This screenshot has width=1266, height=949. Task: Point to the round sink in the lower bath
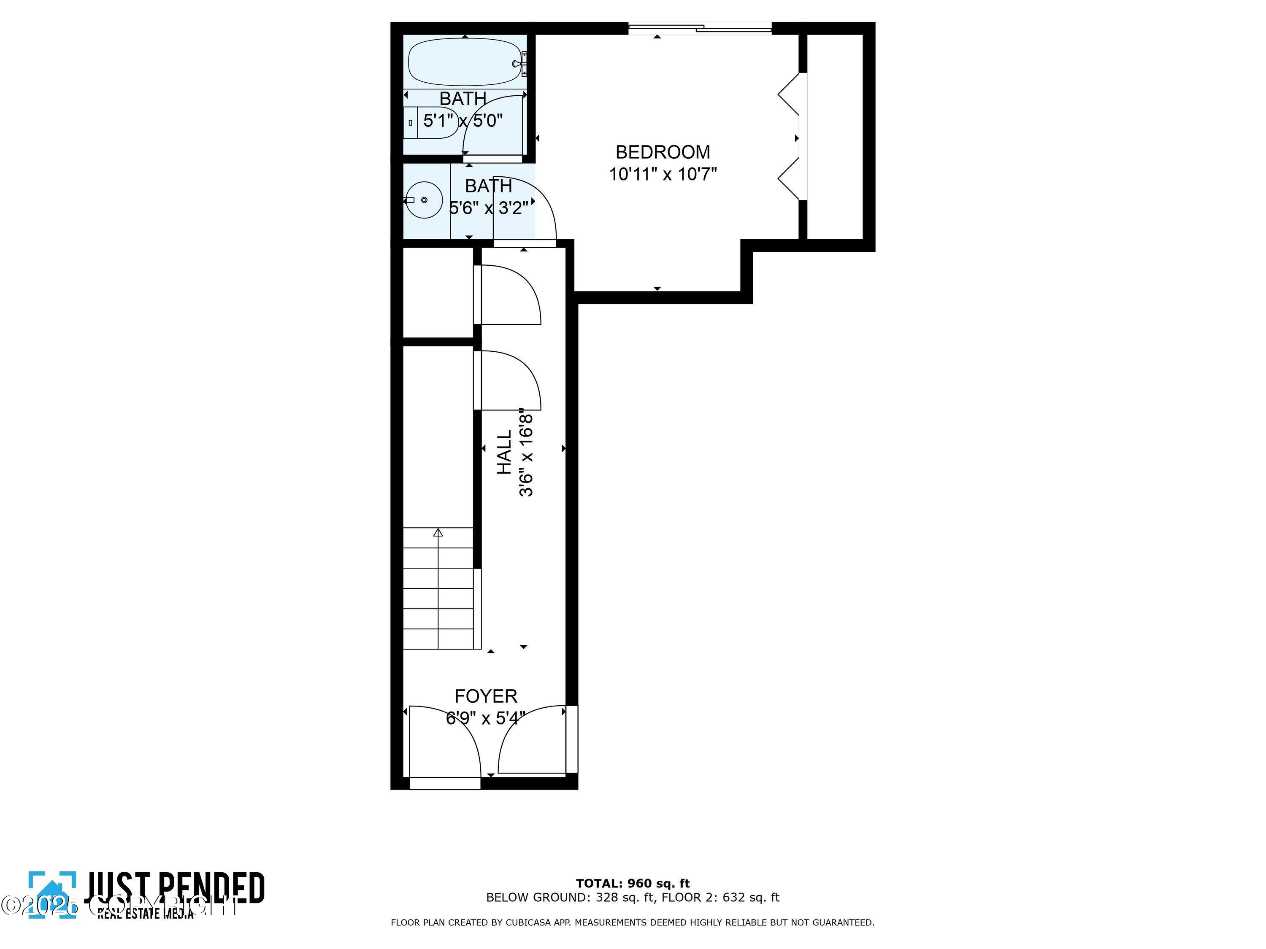pyautogui.click(x=424, y=200)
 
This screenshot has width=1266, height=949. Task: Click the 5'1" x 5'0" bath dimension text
pyautogui.click(x=463, y=121)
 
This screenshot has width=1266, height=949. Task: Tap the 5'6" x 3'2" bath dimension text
pyautogui.click(x=488, y=208)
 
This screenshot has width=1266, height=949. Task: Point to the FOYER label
pyautogui.click(x=485, y=696)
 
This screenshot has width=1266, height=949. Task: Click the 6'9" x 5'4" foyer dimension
pyautogui.click(x=485, y=718)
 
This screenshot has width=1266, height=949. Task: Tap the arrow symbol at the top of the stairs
pyautogui.click(x=438, y=533)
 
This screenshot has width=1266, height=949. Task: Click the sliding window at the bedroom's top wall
pyautogui.click(x=700, y=27)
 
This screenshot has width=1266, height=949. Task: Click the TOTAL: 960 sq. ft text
pyautogui.click(x=633, y=883)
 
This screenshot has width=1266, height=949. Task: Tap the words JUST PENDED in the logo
pyautogui.click(x=175, y=888)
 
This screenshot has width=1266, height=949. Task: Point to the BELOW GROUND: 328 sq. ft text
pyautogui.click(x=569, y=898)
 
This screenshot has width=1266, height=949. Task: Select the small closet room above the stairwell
pyautogui.click(x=438, y=292)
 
